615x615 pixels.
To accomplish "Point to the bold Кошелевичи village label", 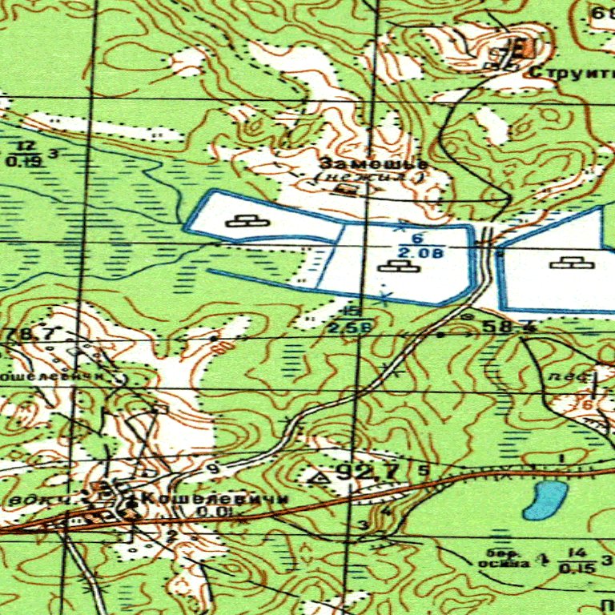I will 213,499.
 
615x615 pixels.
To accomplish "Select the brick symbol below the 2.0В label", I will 400,265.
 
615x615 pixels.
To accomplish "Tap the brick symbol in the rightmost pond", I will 572,262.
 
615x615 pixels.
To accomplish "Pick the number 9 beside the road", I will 213,468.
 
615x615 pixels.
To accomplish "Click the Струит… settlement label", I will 571,73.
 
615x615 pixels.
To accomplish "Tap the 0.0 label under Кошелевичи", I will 212,512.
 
